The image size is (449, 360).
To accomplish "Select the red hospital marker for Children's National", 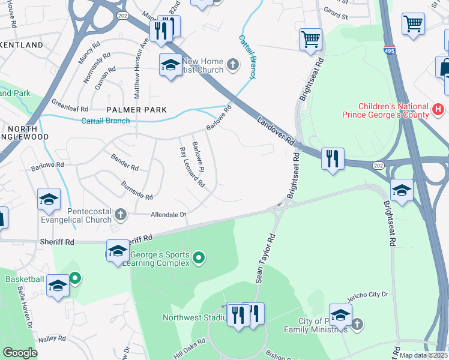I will pos(438,109).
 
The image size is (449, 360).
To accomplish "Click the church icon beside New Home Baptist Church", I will pos(232,65).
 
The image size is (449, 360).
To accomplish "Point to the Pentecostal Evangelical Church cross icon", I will pos(120,214).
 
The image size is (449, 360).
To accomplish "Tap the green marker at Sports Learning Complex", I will pos(199,259).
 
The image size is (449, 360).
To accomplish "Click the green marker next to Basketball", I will pos(75,278).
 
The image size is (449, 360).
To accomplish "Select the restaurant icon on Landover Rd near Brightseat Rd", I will pos(332,159).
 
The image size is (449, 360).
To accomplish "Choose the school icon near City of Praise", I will pos(340,315).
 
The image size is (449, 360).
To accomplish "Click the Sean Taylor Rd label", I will pos(265,259).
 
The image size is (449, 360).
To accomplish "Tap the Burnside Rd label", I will pos(137,190).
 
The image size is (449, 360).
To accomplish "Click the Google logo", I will pos(20,353).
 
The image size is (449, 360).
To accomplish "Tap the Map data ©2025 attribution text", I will pos(423,355).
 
